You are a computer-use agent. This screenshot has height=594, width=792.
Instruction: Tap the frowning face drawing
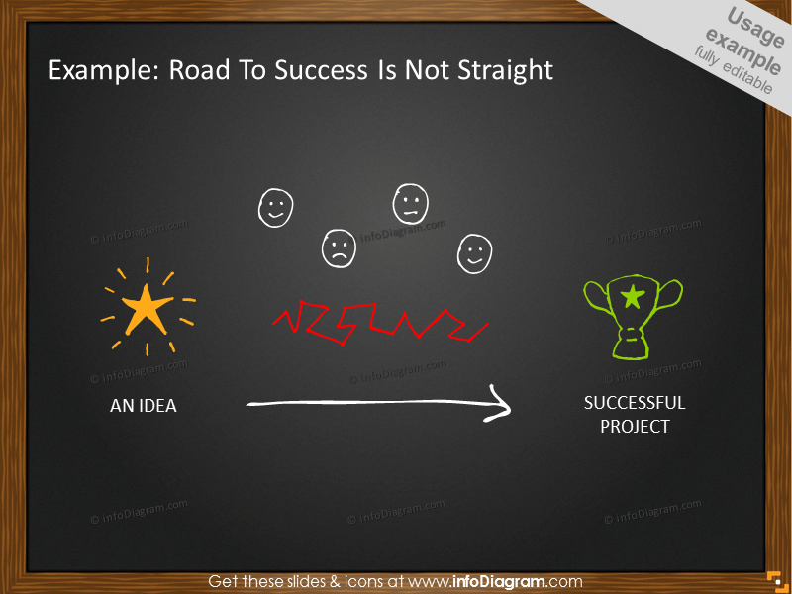pyautogui.click(x=339, y=248)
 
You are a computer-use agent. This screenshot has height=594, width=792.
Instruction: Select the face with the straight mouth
pyautogui.click(x=410, y=203)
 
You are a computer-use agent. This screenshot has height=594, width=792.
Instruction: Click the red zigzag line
pyautogui.click(x=379, y=321)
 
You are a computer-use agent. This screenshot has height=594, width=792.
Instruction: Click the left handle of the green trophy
pyautogui.click(x=593, y=297)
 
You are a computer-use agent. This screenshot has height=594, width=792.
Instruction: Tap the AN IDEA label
pyautogui.click(x=144, y=406)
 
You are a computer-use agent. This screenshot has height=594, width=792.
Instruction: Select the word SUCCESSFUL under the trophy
pyautogui.click(x=635, y=403)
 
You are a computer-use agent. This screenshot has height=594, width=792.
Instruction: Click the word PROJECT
pyautogui.click(x=635, y=427)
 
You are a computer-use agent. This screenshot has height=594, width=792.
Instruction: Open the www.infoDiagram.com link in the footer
pyautogui.click(x=494, y=581)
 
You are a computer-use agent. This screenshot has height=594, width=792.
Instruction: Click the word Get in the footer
pyautogui.click(x=223, y=581)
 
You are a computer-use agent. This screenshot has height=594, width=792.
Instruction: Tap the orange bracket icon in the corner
pyautogui.click(x=774, y=580)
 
